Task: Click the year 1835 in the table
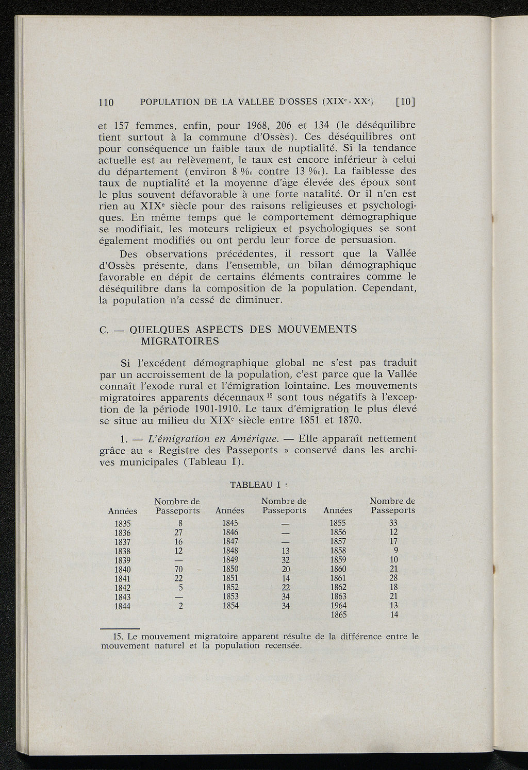pyautogui.click(x=122, y=523)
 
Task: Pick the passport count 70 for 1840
pyautogui.click(x=179, y=569)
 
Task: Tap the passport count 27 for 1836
pyautogui.click(x=179, y=533)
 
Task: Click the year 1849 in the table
pyautogui.click(x=230, y=560)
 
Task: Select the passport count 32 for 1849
pyautogui.click(x=286, y=560)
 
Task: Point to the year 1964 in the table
pyautogui.click(x=338, y=606)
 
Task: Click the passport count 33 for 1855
pyautogui.click(x=394, y=523)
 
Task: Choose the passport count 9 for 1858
pyautogui.click(x=396, y=550)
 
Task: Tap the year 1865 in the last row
pyautogui.click(x=338, y=615)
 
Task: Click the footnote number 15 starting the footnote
pyautogui.click(x=117, y=637)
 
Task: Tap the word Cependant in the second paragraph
pyautogui.click(x=389, y=288)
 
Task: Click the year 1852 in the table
pyautogui.click(x=230, y=588)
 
